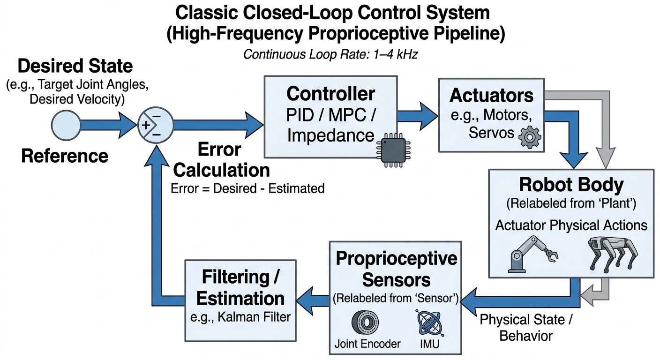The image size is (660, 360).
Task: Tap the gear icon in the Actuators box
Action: coord(530,136)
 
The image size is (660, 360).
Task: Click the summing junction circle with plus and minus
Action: coord(154,126)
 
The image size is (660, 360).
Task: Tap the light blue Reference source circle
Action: coord(65,125)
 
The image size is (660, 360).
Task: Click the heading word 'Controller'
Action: coord(330,94)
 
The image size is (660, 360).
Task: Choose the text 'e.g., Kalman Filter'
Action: coord(240,317)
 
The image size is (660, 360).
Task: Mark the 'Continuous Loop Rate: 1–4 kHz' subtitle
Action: coord(330,54)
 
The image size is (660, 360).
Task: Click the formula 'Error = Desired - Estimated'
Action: coord(248,188)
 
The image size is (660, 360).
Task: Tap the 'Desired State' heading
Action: coord(75,66)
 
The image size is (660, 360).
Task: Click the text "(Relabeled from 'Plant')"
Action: coord(571,204)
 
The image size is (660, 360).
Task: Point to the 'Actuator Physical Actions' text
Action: coord(571,225)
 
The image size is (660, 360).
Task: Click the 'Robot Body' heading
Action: coord(571,185)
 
